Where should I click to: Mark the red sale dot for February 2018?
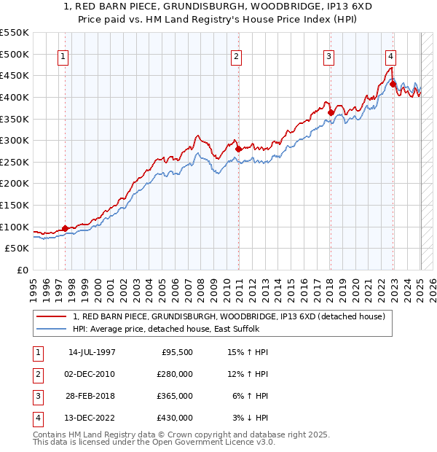pos(331,112)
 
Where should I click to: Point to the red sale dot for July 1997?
pos(65,228)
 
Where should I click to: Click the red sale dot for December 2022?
pos(393,84)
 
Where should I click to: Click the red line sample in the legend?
pos(52,316)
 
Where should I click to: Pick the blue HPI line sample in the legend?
pos(52,329)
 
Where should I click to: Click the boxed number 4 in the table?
pos(36,418)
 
